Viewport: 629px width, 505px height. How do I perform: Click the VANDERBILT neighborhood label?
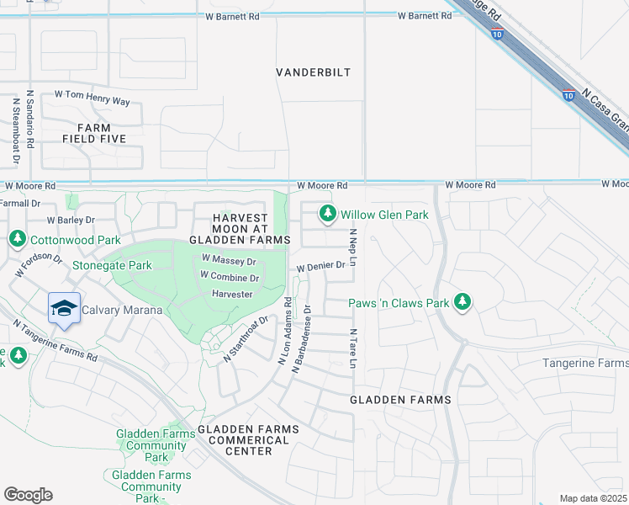[314, 73]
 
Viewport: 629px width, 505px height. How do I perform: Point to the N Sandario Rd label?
[29, 120]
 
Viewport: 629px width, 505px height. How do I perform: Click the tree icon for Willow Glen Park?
[326, 215]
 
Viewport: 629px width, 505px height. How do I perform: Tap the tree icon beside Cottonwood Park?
[17, 240]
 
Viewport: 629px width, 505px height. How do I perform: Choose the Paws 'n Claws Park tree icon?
[461, 301]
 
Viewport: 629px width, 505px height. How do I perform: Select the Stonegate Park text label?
[112, 265]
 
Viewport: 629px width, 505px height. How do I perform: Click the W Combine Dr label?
[229, 277]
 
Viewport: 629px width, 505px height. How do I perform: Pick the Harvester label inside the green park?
[232, 294]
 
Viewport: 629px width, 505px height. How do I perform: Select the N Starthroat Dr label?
[245, 340]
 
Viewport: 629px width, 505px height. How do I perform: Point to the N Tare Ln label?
[353, 348]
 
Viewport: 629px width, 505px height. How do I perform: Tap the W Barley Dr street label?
[71, 220]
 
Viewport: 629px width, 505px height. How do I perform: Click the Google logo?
[28, 494]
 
